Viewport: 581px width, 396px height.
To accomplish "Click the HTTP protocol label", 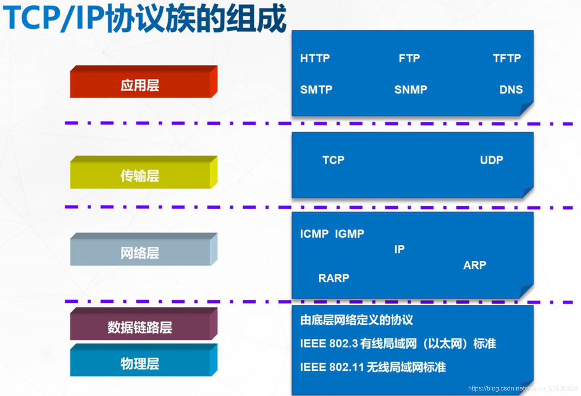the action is (315, 58).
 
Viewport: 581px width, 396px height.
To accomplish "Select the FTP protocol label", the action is (409, 58).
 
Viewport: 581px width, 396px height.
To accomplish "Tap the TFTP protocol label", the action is (507, 58).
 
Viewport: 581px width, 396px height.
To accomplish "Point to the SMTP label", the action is (316, 90).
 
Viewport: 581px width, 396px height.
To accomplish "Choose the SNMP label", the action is (411, 90).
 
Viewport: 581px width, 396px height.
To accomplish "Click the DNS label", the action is (511, 90).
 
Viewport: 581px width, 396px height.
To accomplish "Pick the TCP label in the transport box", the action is (333, 160).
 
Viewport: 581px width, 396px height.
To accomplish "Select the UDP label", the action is (491, 160).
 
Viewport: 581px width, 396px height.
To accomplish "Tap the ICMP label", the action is (314, 234).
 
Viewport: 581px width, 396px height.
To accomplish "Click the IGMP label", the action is (349, 234).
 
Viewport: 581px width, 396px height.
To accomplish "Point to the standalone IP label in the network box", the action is (399, 249).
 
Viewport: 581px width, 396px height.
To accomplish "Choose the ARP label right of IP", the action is (475, 265).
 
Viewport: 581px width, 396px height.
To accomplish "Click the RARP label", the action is (334, 278).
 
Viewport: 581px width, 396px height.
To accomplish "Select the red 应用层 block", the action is (144, 82).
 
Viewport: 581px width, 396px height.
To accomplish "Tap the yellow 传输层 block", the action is (144, 172).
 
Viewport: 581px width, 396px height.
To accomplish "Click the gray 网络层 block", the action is (144, 249).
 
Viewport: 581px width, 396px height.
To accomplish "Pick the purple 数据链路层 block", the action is (144, 324).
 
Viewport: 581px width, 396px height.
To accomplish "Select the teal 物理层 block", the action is (144, 360).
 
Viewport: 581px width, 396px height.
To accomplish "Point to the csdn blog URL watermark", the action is (523, 388).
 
